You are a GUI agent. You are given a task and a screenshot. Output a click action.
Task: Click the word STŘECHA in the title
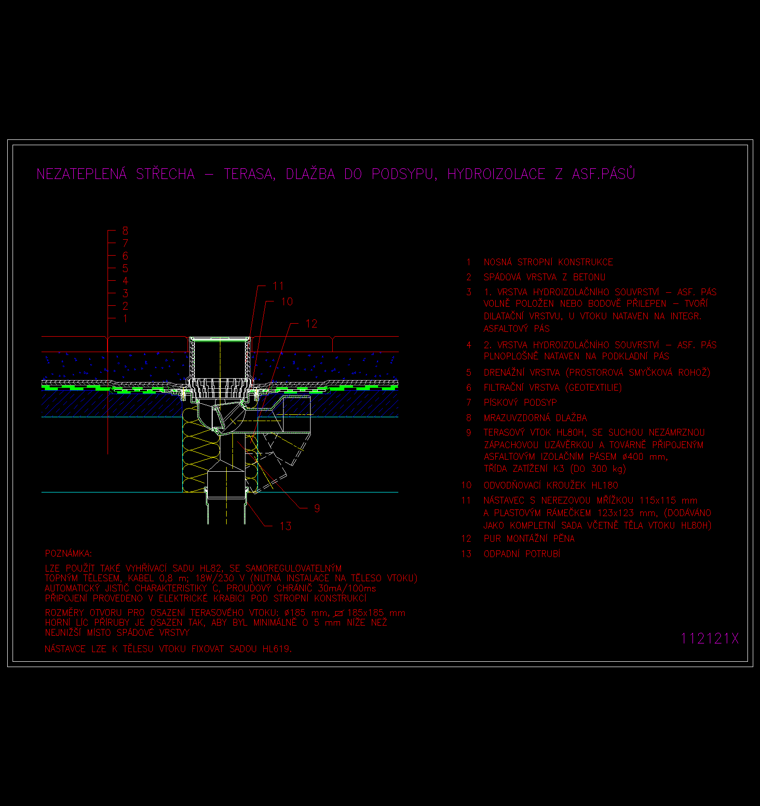pos(165,174)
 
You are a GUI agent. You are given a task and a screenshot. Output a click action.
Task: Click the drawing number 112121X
pos(709,638)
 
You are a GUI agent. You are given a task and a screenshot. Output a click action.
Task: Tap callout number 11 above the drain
pos(278,286)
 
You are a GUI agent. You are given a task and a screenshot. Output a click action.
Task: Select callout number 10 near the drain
pos(287,301)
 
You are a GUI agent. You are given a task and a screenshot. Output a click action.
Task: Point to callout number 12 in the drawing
pos(312,324)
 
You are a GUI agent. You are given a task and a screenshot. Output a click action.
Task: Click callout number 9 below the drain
pos(317,508)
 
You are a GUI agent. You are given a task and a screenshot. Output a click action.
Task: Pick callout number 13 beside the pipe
pos(285,526)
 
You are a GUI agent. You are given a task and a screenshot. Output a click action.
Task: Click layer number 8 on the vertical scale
pos(125,231)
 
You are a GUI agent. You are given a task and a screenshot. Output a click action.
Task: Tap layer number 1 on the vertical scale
pos(125,318)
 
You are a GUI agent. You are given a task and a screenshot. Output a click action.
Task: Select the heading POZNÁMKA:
pos(68,553)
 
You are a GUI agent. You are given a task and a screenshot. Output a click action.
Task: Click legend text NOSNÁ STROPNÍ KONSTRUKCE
pos(548,262)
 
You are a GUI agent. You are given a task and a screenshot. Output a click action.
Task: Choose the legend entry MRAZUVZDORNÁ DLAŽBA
pos(535,418)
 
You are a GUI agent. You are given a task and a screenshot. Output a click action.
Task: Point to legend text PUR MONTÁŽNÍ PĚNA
pos(529,538)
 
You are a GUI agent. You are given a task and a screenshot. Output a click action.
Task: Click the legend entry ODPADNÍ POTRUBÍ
pos(522,554)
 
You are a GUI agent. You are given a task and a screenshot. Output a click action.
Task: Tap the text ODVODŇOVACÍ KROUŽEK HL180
pos(551,485)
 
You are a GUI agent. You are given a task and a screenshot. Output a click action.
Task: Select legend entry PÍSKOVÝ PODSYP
pos(520,402)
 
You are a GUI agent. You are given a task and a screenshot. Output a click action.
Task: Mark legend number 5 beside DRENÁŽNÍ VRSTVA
pos(469,372)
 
